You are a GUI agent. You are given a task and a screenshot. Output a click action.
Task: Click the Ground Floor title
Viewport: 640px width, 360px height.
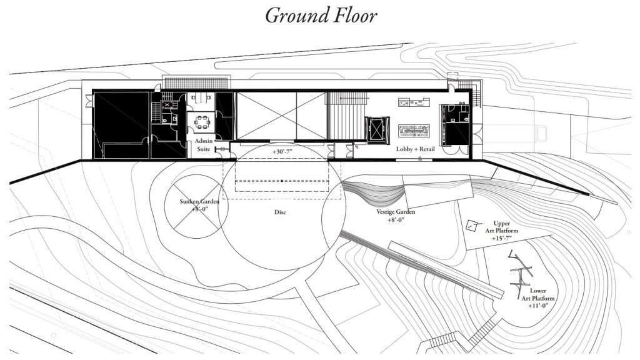[321, 15]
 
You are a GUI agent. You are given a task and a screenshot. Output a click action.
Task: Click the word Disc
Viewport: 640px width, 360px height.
[279, 212]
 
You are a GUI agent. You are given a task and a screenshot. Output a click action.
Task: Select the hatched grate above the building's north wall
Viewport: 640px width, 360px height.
[197, 82]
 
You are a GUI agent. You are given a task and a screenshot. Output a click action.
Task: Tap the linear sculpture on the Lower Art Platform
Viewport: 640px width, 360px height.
[520, 272]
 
